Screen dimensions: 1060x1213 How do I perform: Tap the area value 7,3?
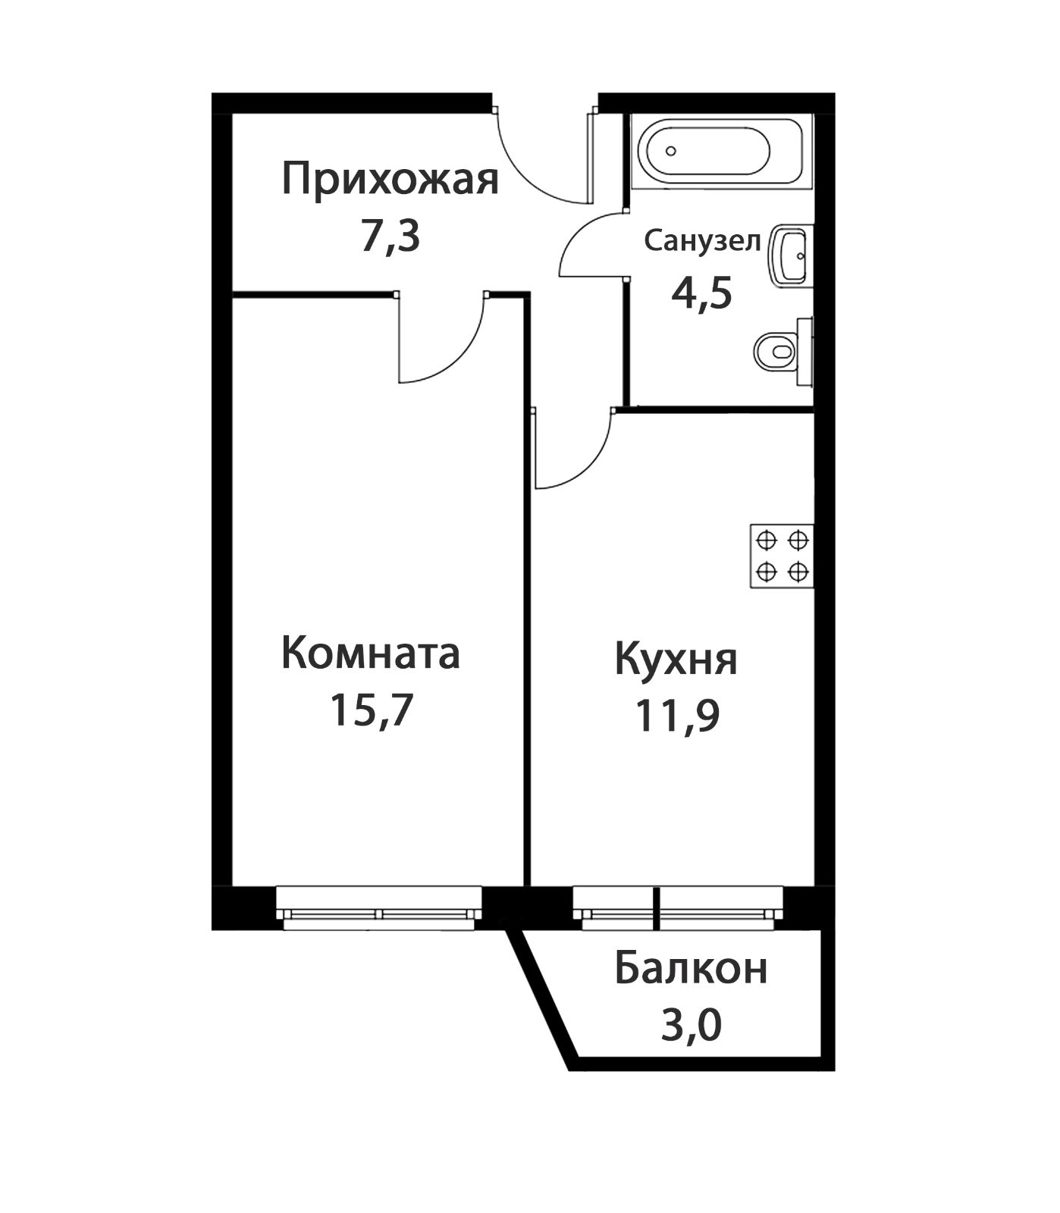coord(390,237)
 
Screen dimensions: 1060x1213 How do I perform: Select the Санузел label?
coord(702,241)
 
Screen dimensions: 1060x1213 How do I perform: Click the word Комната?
coord(370,653)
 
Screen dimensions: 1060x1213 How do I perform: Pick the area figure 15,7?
coord(370,710)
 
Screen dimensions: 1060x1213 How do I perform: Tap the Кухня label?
coord(676,660)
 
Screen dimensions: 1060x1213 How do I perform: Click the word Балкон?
coord(691,968)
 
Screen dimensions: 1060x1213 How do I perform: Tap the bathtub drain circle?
coord(671,151)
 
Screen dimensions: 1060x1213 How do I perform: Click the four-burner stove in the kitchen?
coord(782,556)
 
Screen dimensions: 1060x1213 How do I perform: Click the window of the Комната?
coord(379,907)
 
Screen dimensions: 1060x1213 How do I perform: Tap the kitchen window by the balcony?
coord(677,907)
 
